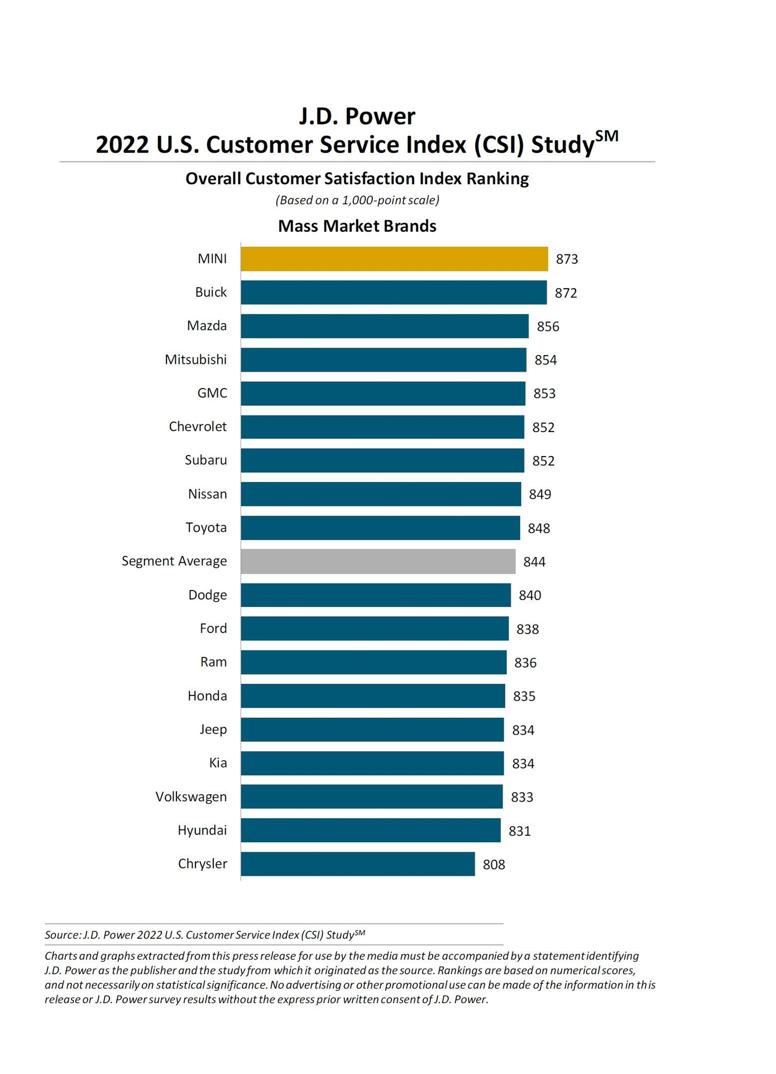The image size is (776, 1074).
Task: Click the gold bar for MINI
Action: point(394,259)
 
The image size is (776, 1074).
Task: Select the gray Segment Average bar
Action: point(378,562)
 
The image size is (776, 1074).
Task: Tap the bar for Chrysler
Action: point(358,864)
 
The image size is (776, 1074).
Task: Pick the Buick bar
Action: point(394,293)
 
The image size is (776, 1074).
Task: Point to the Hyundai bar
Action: point(371,831)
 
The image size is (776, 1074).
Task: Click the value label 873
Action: point(567,260)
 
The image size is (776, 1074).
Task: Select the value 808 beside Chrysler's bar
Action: point(494,865)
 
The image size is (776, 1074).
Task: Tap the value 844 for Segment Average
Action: point(534,562)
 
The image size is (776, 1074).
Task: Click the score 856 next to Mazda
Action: point(548,327)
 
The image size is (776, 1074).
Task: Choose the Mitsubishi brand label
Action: point(195,359)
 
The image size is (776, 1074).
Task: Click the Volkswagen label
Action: point(191,797)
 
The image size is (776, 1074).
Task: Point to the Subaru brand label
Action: point(205,460)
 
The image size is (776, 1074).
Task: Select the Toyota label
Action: point(206,528)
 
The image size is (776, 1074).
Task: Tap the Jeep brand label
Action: point(213,730)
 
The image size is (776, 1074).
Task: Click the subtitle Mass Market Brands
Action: point(357,226)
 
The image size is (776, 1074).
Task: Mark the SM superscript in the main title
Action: point(607,136)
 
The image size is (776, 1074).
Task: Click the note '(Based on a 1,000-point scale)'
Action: point(357,200)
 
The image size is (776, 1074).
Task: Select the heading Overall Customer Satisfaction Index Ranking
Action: point(357,179)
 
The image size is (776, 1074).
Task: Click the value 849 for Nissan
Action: point(540,495)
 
